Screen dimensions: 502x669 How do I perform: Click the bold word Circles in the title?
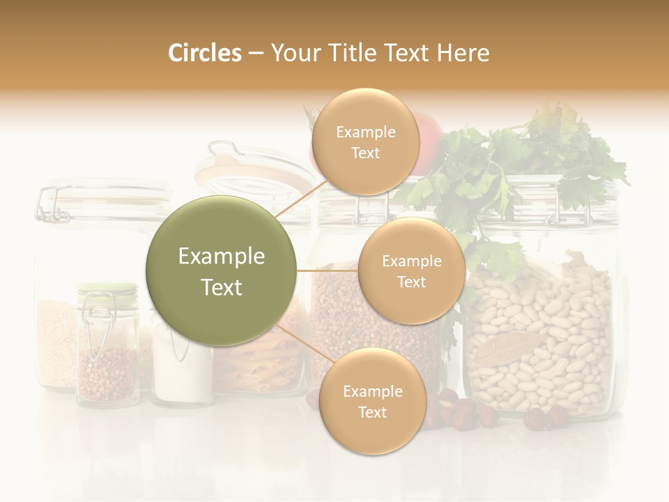point(204,53)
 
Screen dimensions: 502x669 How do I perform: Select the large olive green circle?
point(221,271)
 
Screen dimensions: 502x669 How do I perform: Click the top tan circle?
point(365,142)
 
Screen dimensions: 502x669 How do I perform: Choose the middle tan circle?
point(411,271)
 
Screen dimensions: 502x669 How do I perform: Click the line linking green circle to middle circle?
point(327,271)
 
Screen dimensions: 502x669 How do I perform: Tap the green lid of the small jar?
point(107,287)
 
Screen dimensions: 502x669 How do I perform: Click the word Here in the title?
point(463,53)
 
